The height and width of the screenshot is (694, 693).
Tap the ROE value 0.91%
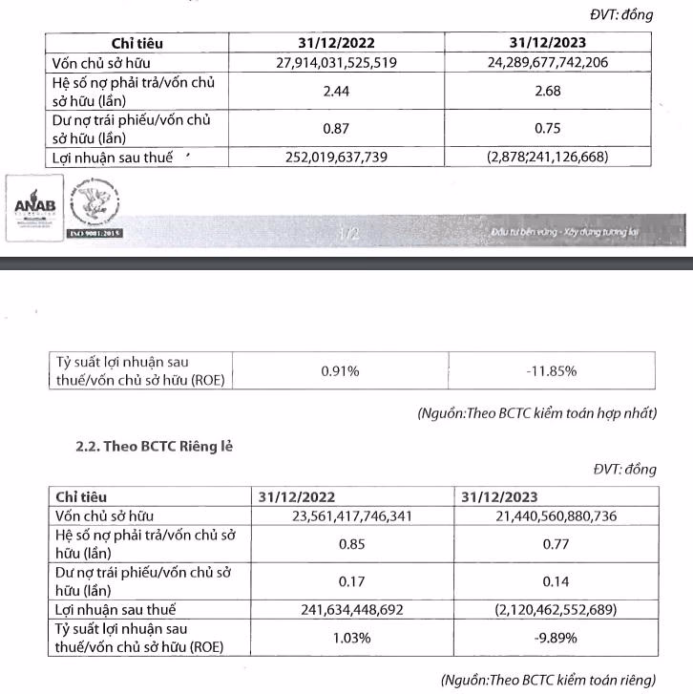[x=340, y=370]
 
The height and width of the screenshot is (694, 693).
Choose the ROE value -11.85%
[x=551, y=370]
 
